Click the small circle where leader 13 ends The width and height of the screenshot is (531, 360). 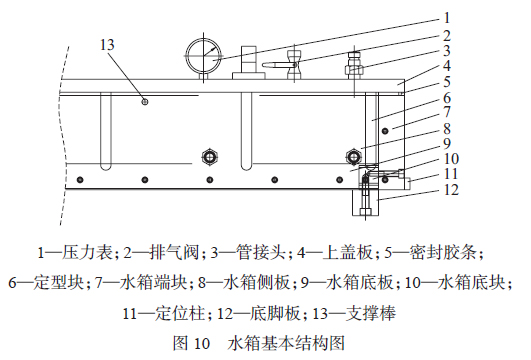tap(146, 101)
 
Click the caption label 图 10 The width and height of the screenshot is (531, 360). tap(191, 343)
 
